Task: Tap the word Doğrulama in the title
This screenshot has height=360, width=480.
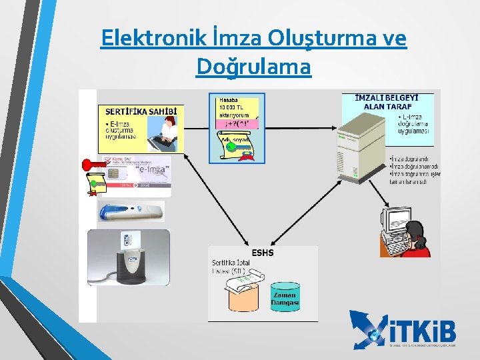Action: coord(253,67)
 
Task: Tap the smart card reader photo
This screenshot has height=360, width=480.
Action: coord(128,258)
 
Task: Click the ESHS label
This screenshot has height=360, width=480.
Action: coord(262,253)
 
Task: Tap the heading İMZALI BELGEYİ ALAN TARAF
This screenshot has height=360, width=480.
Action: coord(383,102)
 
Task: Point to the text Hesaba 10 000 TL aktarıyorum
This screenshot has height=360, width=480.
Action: coord(235,107)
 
